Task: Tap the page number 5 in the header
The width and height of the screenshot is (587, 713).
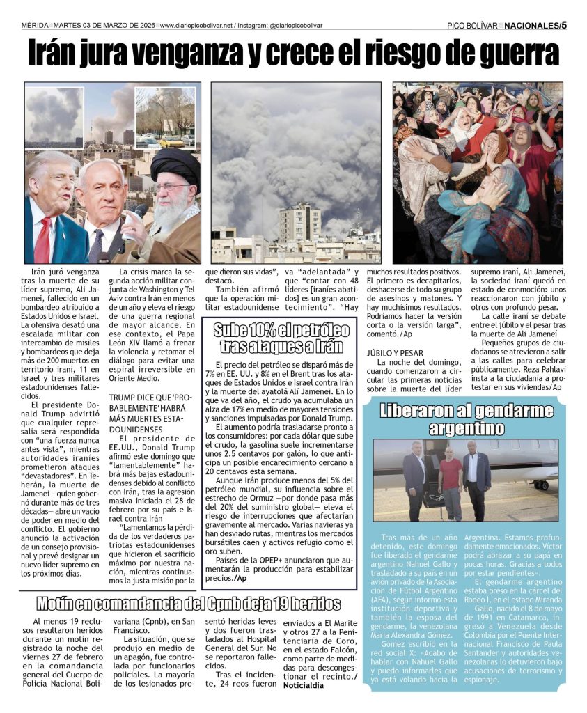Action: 564,25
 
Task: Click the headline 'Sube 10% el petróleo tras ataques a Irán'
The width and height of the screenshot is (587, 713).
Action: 281,338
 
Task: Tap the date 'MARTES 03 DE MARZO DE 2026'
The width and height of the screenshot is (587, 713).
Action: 104,26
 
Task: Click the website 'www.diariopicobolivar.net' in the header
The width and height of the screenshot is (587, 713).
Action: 196,26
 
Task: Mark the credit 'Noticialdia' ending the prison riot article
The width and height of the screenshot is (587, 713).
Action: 304,685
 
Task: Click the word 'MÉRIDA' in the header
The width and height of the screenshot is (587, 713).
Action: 35,26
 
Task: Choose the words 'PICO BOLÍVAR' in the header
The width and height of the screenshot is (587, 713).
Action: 472,26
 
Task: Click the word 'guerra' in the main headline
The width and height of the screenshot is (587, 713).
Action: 512,54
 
